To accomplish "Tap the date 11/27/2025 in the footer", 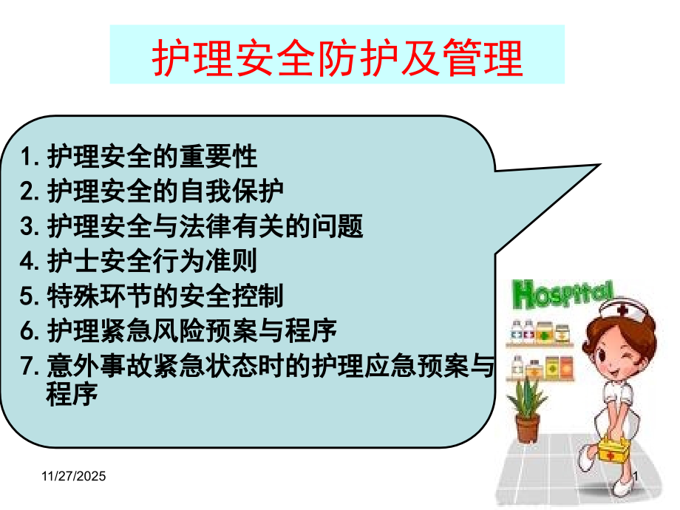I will click(x=72, y=478).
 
